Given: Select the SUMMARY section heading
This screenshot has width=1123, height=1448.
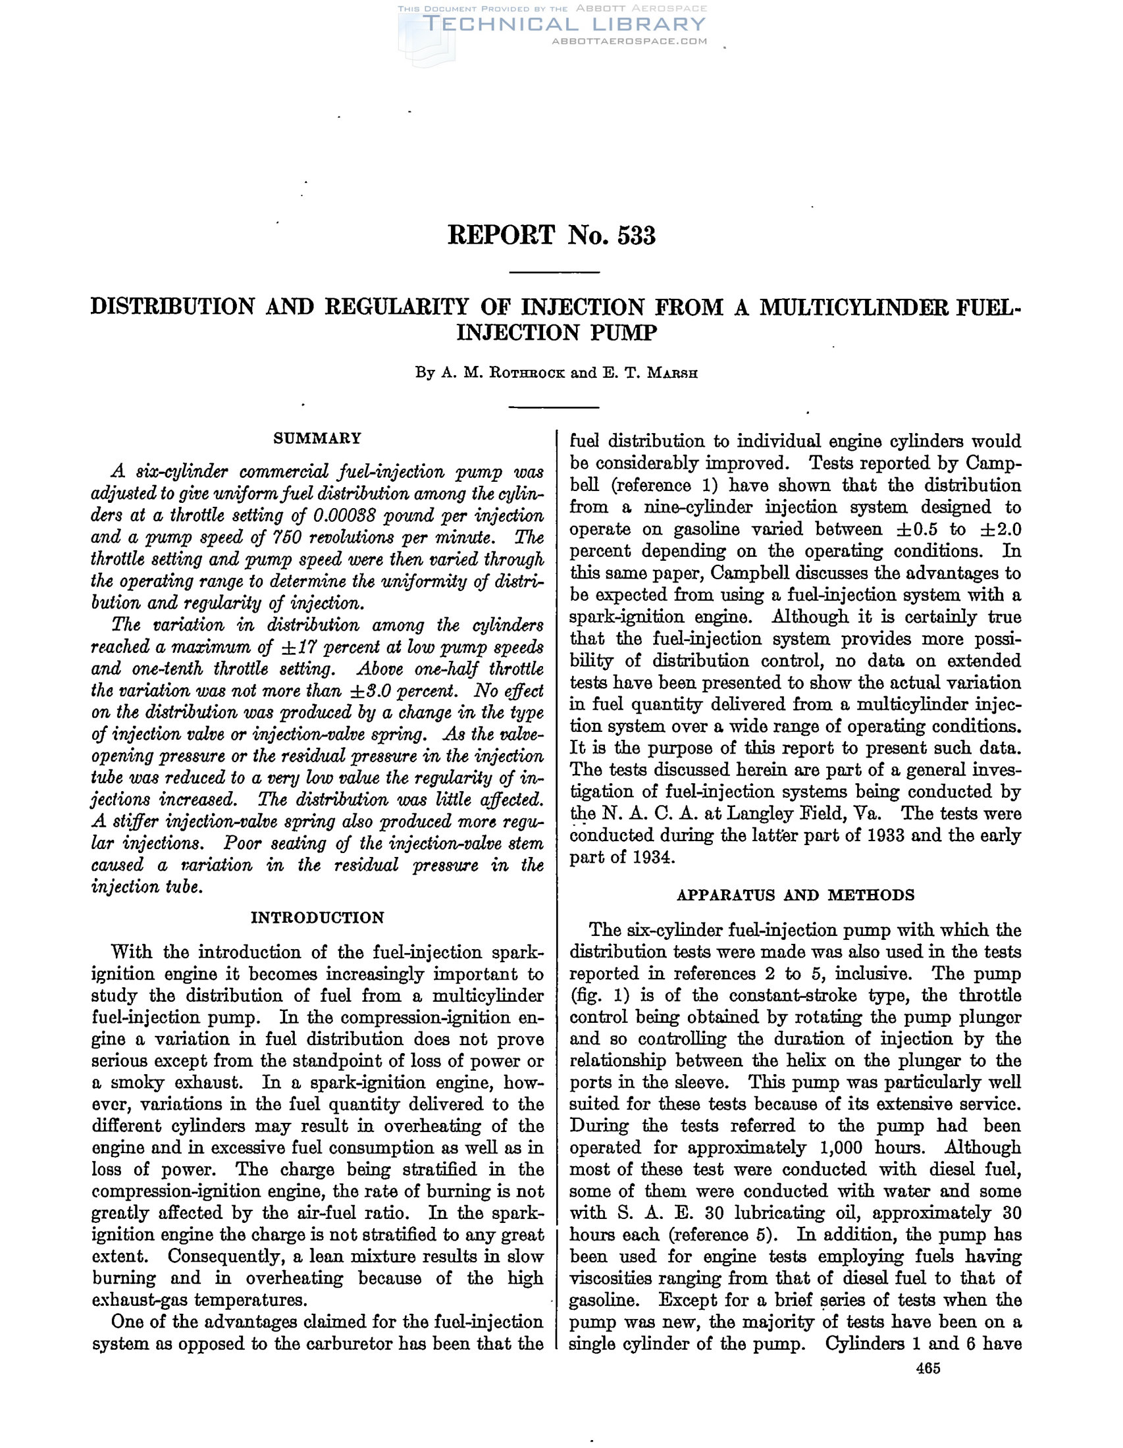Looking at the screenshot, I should [x=317, y=438].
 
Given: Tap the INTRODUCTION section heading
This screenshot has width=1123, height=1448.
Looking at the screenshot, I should [x=317, y=918].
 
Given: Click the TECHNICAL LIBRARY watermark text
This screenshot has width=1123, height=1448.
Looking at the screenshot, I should [x=563, y=24].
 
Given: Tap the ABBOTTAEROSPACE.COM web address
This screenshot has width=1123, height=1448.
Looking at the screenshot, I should [x=629, y=41].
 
